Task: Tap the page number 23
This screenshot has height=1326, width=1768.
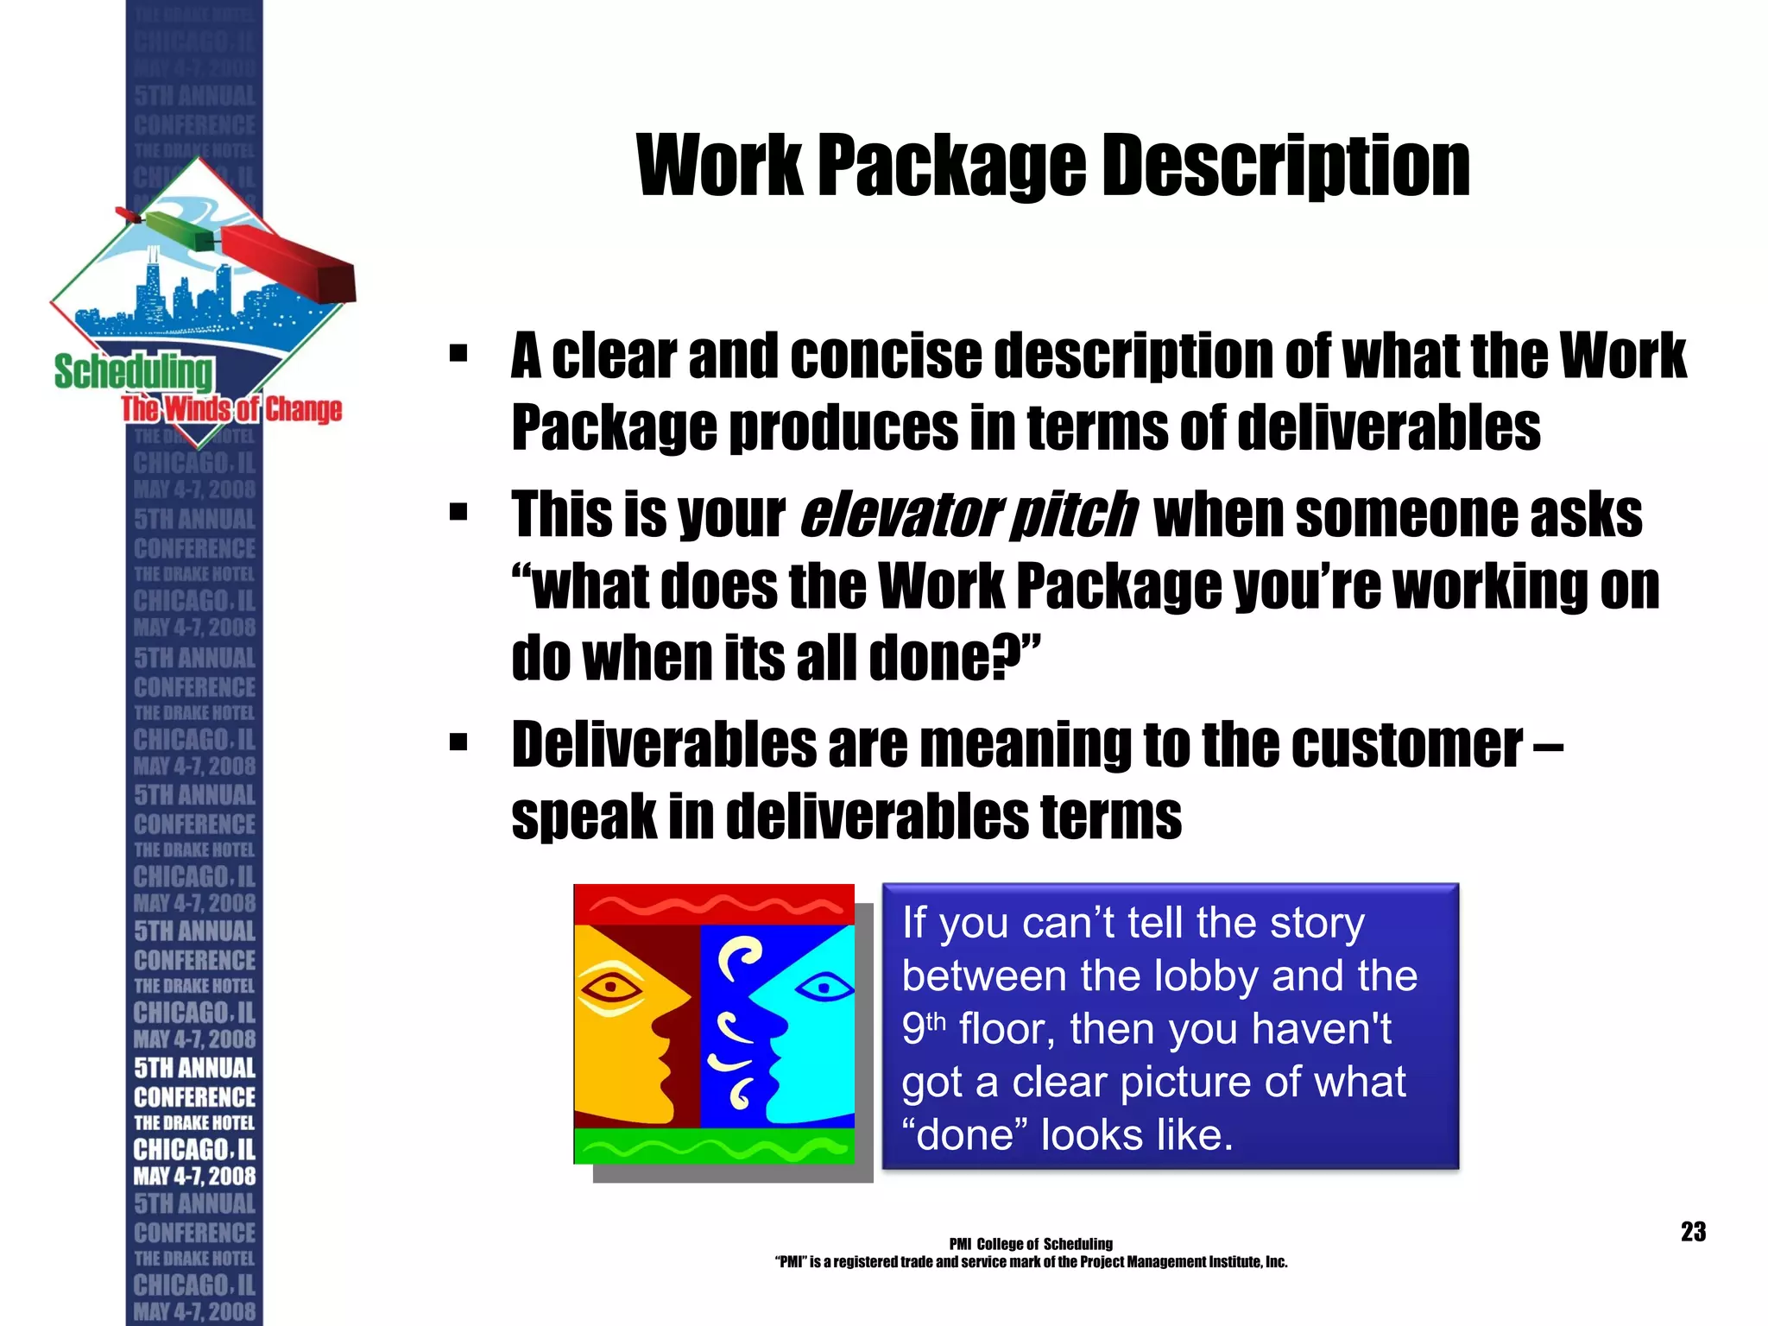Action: (x=1693, y=1231)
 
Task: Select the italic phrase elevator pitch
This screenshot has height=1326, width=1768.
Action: (x=968, y=515)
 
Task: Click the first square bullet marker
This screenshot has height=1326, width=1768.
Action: (x=458, y=353)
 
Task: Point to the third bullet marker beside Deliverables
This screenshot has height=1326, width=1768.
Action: (x=458, y=742)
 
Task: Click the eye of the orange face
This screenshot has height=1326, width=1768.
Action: (x=612, y=986)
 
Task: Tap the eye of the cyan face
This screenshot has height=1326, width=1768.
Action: (x=823, y=986)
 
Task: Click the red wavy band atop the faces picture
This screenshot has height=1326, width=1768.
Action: (x=714, y=906)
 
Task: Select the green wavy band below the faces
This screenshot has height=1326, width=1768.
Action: (x=714, y=1146)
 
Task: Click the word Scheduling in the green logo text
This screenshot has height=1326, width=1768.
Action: (x=133, y=372)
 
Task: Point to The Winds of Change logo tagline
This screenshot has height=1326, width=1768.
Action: (x=231, y=409)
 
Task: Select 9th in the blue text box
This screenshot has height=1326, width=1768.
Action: (x=924, y=1028)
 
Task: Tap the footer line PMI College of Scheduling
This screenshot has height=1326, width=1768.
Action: (x=1031, y=1244)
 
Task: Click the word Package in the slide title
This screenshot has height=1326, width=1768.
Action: (x=952, y=166)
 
